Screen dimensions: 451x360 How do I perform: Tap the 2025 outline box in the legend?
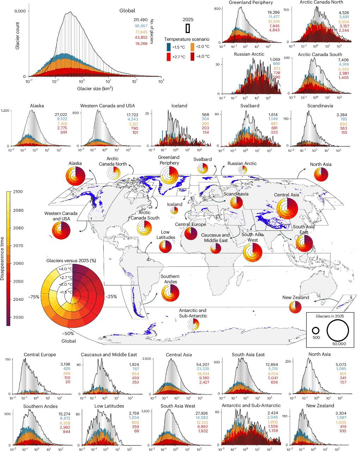pos(188,27)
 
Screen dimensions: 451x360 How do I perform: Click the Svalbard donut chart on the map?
pos(202,169)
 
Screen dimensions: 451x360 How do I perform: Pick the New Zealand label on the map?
pos(295,297)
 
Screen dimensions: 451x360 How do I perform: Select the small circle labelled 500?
pos(316,331)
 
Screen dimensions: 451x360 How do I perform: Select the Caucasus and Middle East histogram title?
pos(109,354)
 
